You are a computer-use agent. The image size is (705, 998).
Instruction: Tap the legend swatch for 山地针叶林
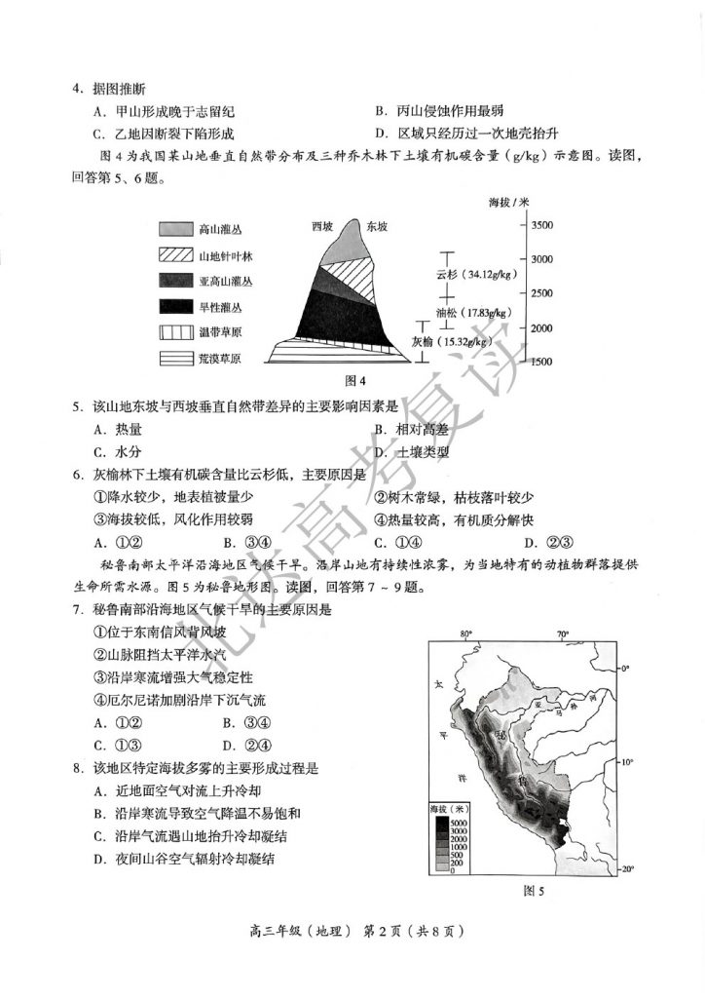pyautogui.click(x=175, y=256)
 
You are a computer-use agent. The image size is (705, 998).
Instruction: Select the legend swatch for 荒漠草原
pyautogui.click(x=175, y=359)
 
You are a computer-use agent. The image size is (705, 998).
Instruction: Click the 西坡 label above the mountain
pyautogui.click(x=322, y=226)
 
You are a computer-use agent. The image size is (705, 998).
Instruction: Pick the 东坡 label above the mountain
pyautogui.click(x=377, y=226)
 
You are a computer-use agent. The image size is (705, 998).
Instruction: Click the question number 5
pyautogui.click(x=75, y=406)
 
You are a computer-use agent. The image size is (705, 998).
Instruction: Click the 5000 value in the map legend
pyautogui.click(x=458, y=824)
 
